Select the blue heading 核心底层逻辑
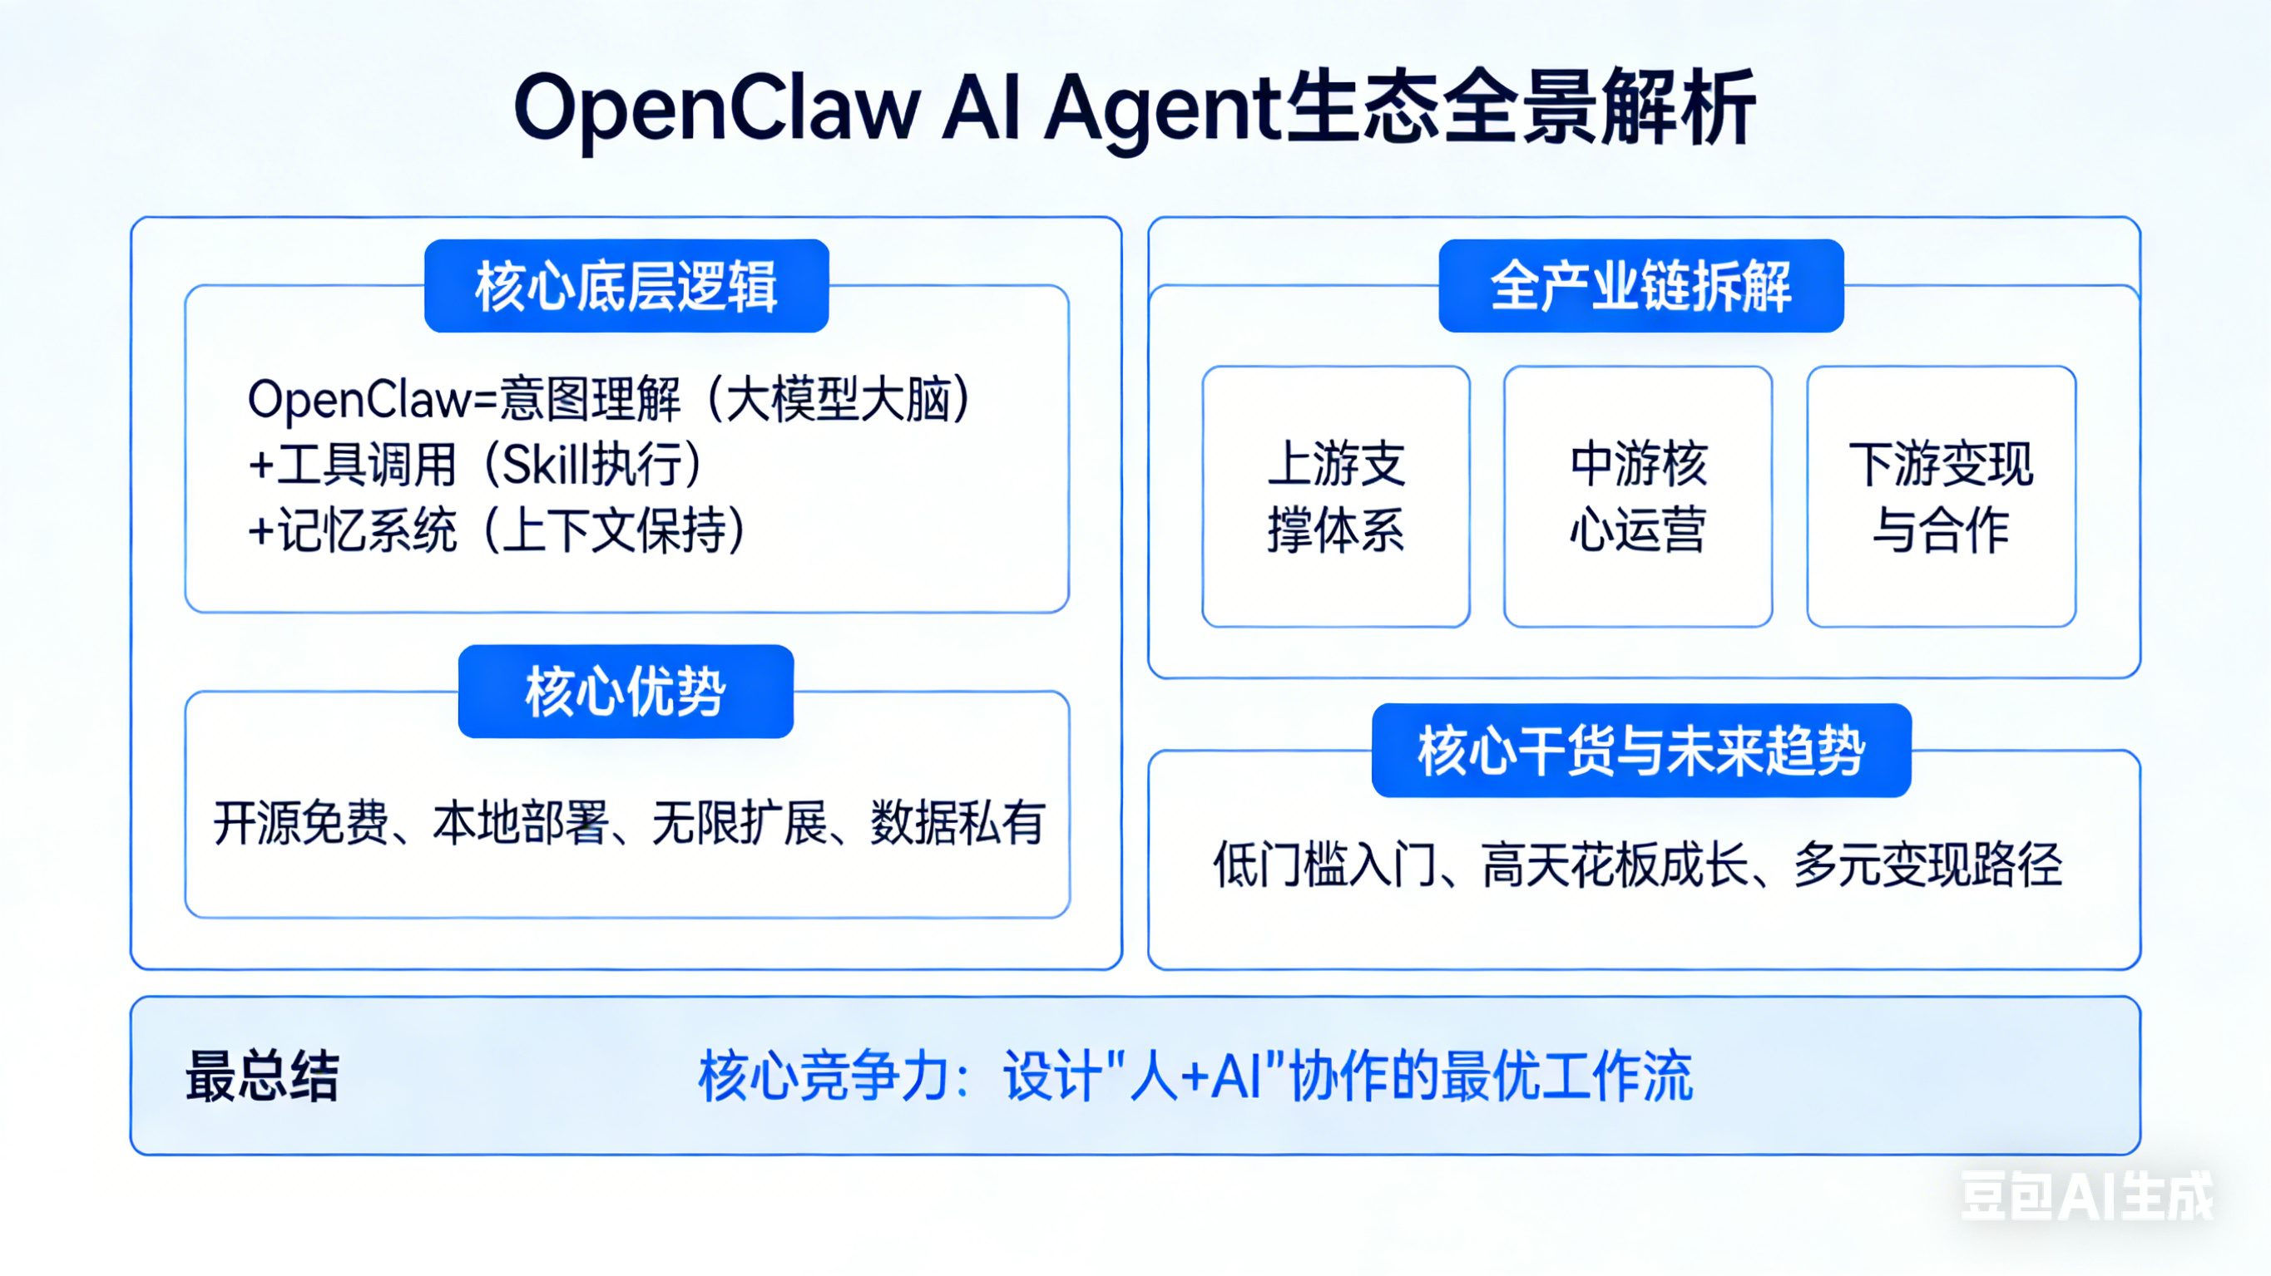tap(626, 287)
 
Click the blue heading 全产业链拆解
tap(1640, 287)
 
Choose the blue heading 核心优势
tap(625, 692)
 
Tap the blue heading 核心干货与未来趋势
tap(1640, 751)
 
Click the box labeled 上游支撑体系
tap(1336, 497)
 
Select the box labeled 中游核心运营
tap(1638, 497)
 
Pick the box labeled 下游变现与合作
tap(1941, 497)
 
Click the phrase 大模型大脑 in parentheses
tap(839, 399)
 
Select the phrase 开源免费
tap(300, 823)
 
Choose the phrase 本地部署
tap(520, 823)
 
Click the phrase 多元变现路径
tap(1927, 865)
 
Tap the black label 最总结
tap(262, 1076)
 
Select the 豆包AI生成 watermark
tap(2085, 1197)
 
